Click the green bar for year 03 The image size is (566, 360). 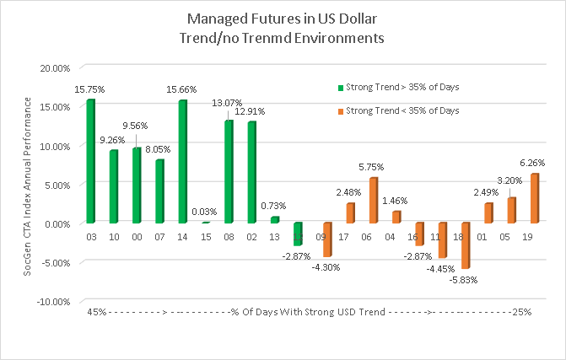pos(90,162)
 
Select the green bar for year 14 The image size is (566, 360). pos(182,162)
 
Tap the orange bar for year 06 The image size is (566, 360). pos(374,201)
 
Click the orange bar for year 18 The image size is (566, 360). pos(465,245)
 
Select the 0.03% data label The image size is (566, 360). pos(205,212)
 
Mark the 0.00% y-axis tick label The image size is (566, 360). pos(57,223)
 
